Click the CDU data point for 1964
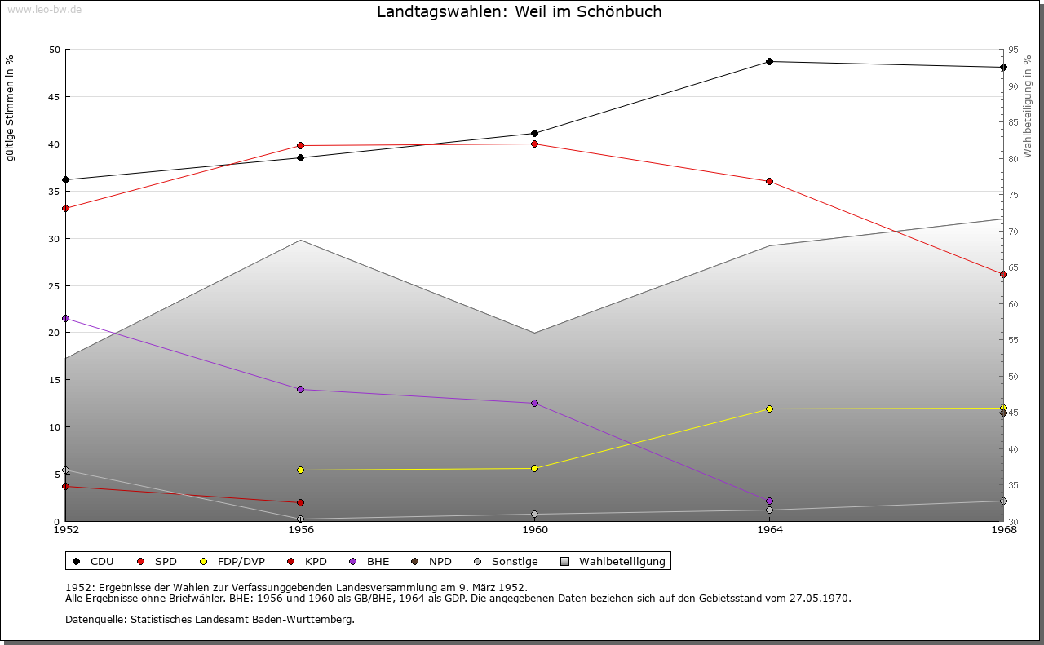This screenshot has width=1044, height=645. [x=769, y=61]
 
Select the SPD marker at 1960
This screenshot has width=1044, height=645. [x=534, y=144]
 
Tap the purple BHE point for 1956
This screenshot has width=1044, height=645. [x=301, y=389]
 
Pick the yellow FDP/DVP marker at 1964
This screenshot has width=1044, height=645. [x=769, y=409]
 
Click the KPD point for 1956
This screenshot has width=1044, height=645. [x=301, y=502]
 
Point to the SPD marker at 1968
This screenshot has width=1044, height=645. [x=1003, y=275]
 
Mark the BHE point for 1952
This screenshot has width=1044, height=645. [x=66, y=318]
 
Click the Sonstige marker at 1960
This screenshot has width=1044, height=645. [x=534, y=515]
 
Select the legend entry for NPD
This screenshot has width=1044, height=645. [x=431, y=561]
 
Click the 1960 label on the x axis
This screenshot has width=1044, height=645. [x=535, y=530]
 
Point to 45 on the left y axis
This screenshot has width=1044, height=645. [x=55, y=97]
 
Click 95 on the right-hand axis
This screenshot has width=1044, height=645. [x=1013, y=50]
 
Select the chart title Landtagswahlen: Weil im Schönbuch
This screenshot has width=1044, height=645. [x=520, y=11]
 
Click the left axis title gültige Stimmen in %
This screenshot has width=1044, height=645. [x=10, y=108]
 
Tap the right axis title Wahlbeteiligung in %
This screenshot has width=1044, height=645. [x=1027, y=106]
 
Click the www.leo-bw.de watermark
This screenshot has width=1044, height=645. [x=44, y=9]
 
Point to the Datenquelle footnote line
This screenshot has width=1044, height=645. [x=210, y=620]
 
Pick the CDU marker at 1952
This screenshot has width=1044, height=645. [x=66, y=180]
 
